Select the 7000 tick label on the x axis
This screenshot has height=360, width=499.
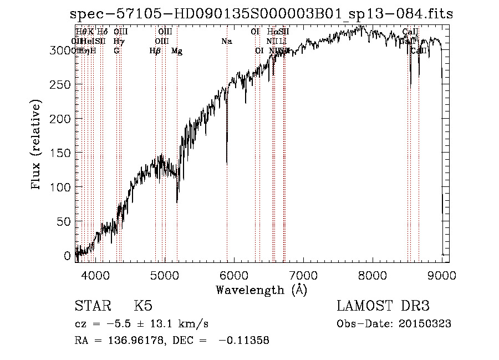(x=303, y=275)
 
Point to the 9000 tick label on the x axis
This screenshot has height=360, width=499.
(x=442, y=275)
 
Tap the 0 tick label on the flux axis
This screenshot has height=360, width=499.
(x=68, y=256)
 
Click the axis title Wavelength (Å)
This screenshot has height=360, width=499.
(x=262, y=290)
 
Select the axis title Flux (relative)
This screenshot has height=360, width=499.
(x=37, y=146)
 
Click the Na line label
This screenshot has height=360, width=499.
(x=226, y=42)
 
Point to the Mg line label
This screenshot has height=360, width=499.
(x=177, y=51)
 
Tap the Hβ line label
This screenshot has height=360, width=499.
(x=155, y=51)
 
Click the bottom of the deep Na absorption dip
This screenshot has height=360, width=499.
(x=227, y=163)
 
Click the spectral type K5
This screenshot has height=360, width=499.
(x=143, y=306)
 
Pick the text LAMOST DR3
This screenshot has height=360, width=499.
(x=383, y=306)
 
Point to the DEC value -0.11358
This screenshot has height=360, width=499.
(x=244, y=341)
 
